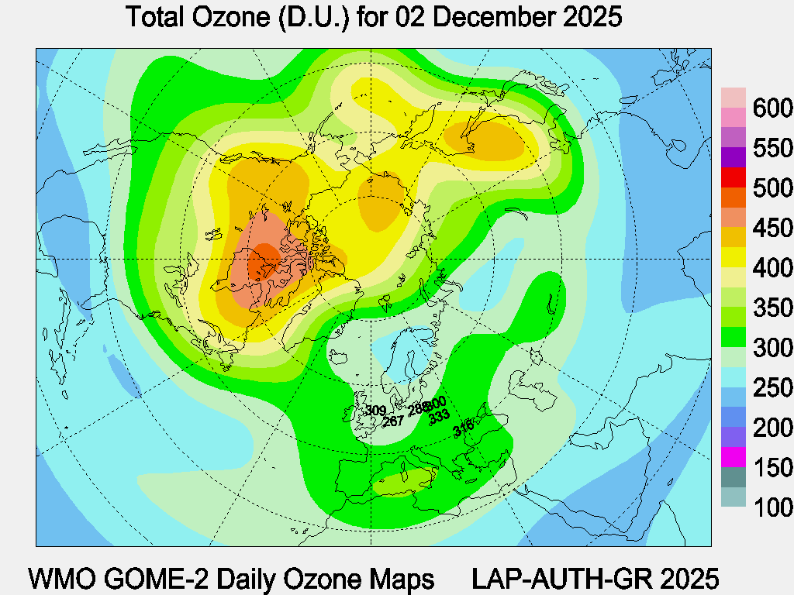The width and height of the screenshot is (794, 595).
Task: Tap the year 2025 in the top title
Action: [591, 17]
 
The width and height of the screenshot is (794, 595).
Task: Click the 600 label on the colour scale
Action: [772, 108]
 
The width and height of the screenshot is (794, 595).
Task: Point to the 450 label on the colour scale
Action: [772, 229]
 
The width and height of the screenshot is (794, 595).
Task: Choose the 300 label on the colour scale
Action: [772, 349]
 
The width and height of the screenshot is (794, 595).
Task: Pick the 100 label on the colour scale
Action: [772, 508]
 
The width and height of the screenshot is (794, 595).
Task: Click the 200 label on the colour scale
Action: [772, 428]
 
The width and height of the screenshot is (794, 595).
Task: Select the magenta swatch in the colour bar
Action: [734, 458]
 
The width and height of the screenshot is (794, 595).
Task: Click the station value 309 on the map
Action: [376, 411]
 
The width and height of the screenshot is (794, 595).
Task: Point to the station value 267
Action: [393, 421]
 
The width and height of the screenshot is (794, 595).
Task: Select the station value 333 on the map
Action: [439, 415]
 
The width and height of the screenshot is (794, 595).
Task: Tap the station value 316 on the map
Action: [463, 425]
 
